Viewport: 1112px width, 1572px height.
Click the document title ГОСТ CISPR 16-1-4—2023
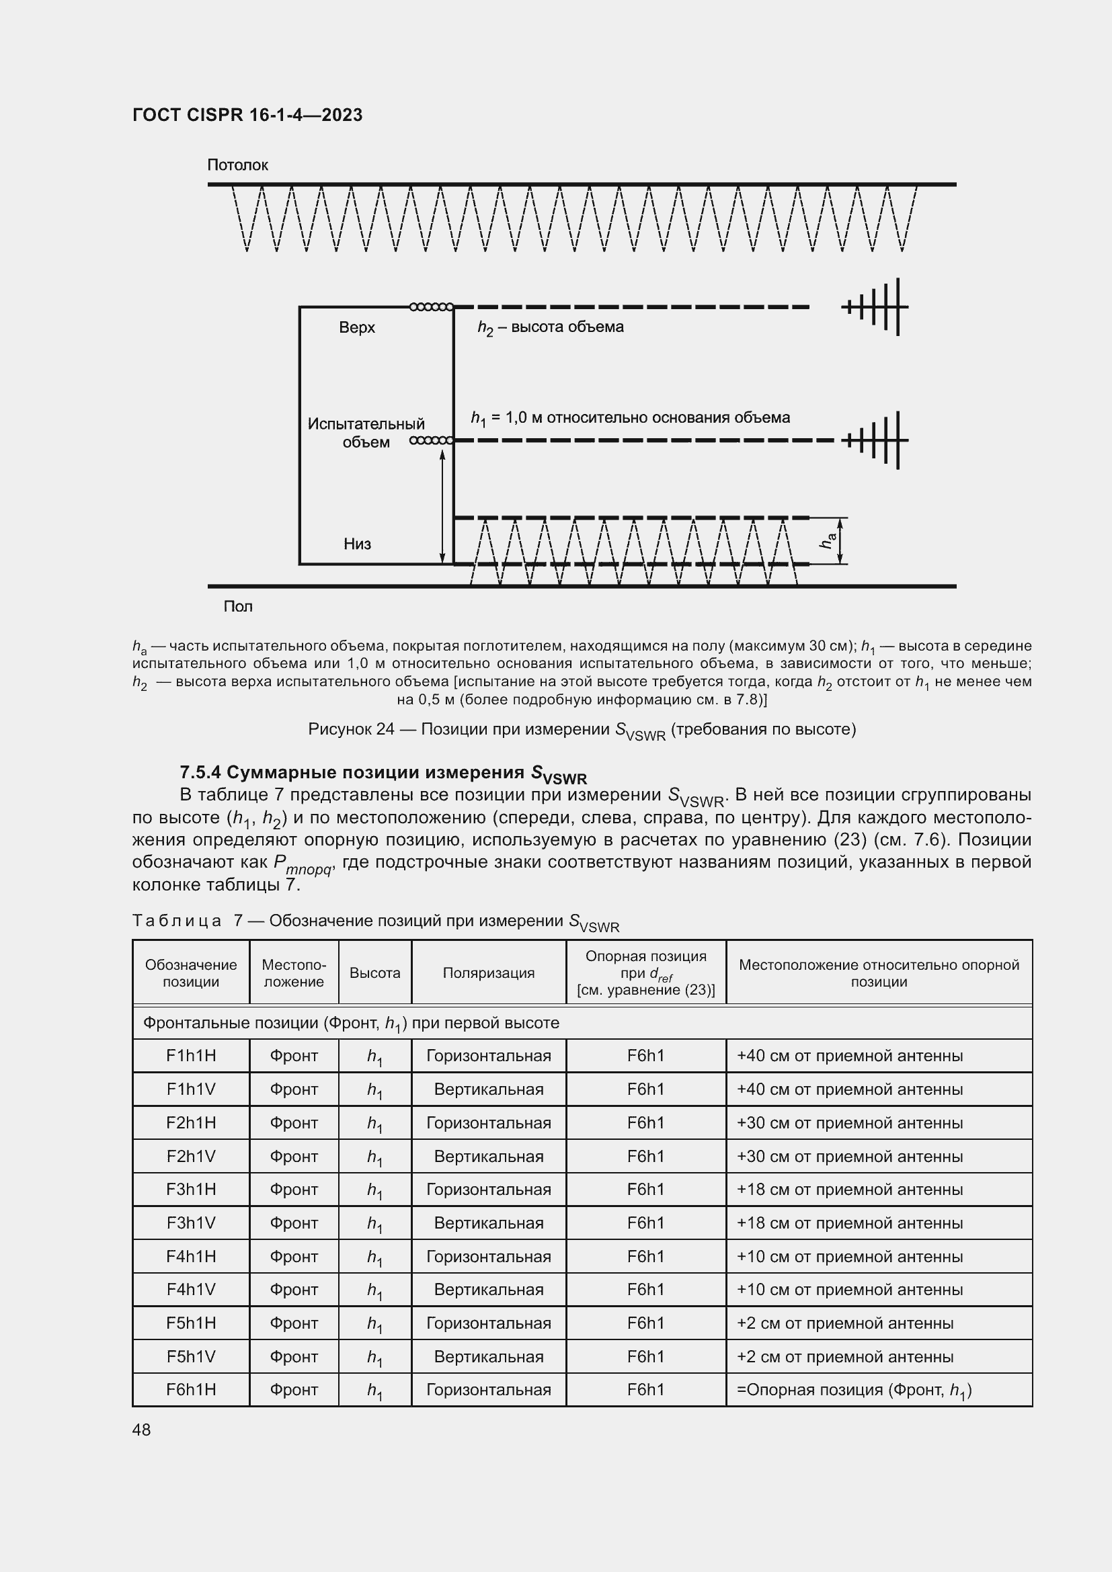[247, 115]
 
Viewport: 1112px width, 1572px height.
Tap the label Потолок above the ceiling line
[237, 165]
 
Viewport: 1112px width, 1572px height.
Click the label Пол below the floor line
[237, 607]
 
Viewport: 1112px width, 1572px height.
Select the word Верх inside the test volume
[357, 327]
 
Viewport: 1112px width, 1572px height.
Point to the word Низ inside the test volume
[357, 544]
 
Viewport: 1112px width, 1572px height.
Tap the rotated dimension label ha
[828, 541]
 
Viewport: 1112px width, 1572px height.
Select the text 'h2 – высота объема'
[551, 327]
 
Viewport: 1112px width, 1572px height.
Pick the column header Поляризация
[488, 973]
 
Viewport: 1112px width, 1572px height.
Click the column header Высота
[374, 973]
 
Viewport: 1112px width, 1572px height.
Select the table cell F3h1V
[191, 1223]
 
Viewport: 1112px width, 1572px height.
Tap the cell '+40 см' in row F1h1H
[849, 1056]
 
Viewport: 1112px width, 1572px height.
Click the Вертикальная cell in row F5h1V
[488, 1357]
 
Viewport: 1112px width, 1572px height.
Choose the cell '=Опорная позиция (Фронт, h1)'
[854, 1390]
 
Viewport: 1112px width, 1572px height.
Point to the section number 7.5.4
[200, 772]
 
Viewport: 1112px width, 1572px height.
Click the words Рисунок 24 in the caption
[350, 729]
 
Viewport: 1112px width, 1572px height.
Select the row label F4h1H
[191, 1256]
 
